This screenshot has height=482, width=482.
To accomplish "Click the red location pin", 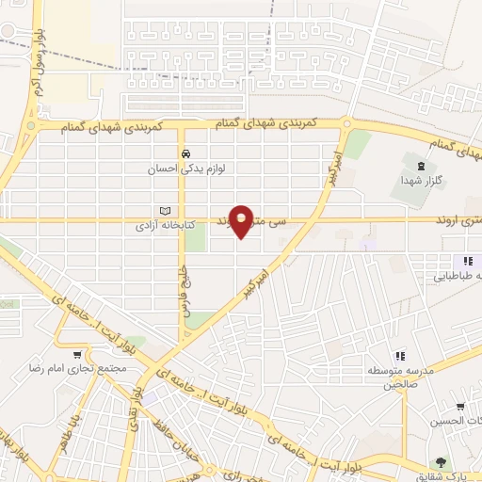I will [243, 220].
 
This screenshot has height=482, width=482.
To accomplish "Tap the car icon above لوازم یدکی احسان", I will [185, 153].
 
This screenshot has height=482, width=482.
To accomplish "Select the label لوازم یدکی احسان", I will [180, 170].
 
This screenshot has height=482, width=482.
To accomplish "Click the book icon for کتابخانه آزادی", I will [166, 210].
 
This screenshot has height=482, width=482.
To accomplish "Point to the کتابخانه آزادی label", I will [160, 227].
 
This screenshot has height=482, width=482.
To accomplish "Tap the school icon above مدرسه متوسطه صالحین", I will [400, 355].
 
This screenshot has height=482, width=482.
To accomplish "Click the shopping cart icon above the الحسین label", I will [458, 407].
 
